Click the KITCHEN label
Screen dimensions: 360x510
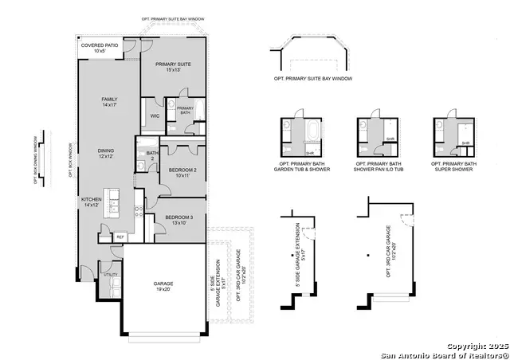pyautogui.click(x=92, y=202)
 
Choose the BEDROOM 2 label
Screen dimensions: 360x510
pyautogui.click(x=182, y=172)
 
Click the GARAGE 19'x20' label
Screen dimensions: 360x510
pyautogui.click(x=163, y=286)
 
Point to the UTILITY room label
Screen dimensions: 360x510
pyautogui.click(x=111, y=273)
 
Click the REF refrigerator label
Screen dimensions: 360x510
pyautogui.click(x=120, y=237)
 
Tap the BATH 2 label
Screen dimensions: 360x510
pyautogui.click(x=151, y=156)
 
